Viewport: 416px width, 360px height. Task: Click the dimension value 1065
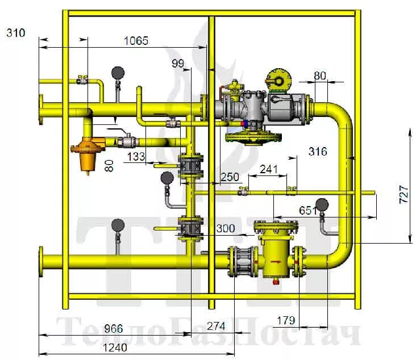pos(136,40)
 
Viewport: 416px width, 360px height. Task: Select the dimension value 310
pos(16,33)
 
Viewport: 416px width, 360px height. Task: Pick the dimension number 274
pos(215,326)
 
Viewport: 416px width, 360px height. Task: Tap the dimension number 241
pos(268,169)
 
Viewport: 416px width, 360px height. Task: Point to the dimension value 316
pos(318,151)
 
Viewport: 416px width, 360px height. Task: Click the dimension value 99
pos(178,64)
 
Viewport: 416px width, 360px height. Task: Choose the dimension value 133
pos(137,156)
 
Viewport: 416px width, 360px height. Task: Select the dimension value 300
pos(225,228)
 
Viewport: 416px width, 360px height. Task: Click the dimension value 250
pos(230,177)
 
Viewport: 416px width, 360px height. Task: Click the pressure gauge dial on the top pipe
pos(118,73)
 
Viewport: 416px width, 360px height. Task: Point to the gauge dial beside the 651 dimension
pos(322,204)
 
